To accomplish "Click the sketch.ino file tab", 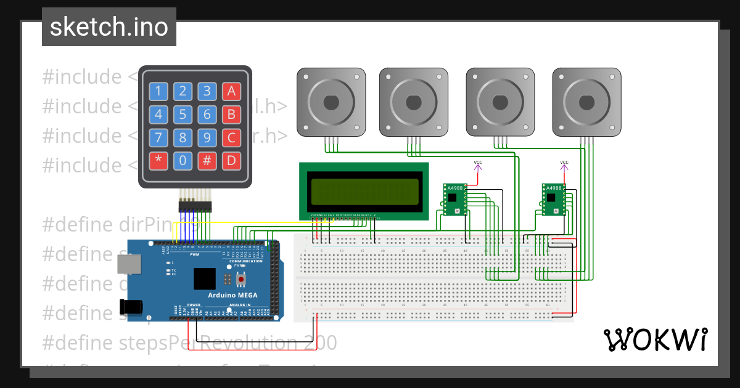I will coord(109,27).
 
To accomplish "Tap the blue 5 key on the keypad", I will coord(183,115).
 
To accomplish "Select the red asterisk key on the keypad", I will coord(158,161).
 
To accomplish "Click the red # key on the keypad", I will coord(207,161).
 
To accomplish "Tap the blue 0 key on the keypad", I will coord(183,161).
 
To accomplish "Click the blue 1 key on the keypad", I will coord(158,92).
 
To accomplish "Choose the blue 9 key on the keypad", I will coord(207,137).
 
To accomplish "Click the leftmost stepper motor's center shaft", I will coord(331,102).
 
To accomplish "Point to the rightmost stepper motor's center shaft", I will coord(586,102).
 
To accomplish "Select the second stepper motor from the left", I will coord(413,102).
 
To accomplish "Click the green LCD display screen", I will coord(364,191).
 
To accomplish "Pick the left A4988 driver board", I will coord(455,199).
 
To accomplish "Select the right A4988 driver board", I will coord(554,199).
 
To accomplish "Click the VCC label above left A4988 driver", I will coord(478,163).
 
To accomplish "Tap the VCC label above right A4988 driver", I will coord(564,163).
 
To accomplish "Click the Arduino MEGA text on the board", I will coord(232,295).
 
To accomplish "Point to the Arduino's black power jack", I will coord(130,306).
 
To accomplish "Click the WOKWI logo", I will coord(655,339).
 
